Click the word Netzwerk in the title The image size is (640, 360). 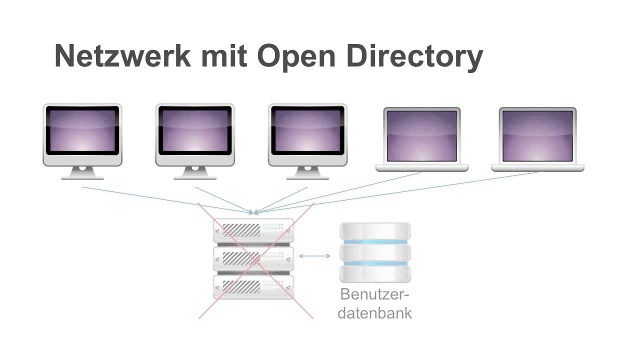(122, 55)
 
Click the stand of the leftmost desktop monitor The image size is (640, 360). (82, 173)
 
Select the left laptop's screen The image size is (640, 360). (422, 135)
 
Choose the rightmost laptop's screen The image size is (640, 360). (537, 135)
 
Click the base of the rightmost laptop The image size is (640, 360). (537, 167)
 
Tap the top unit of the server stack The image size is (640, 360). (253, 230)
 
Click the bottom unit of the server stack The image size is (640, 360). (253, 286)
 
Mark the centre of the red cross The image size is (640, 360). (256, 260)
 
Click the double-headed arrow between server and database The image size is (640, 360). (314, 256)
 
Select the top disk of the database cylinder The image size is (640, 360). (375, 231)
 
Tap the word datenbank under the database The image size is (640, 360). (374, 313)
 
